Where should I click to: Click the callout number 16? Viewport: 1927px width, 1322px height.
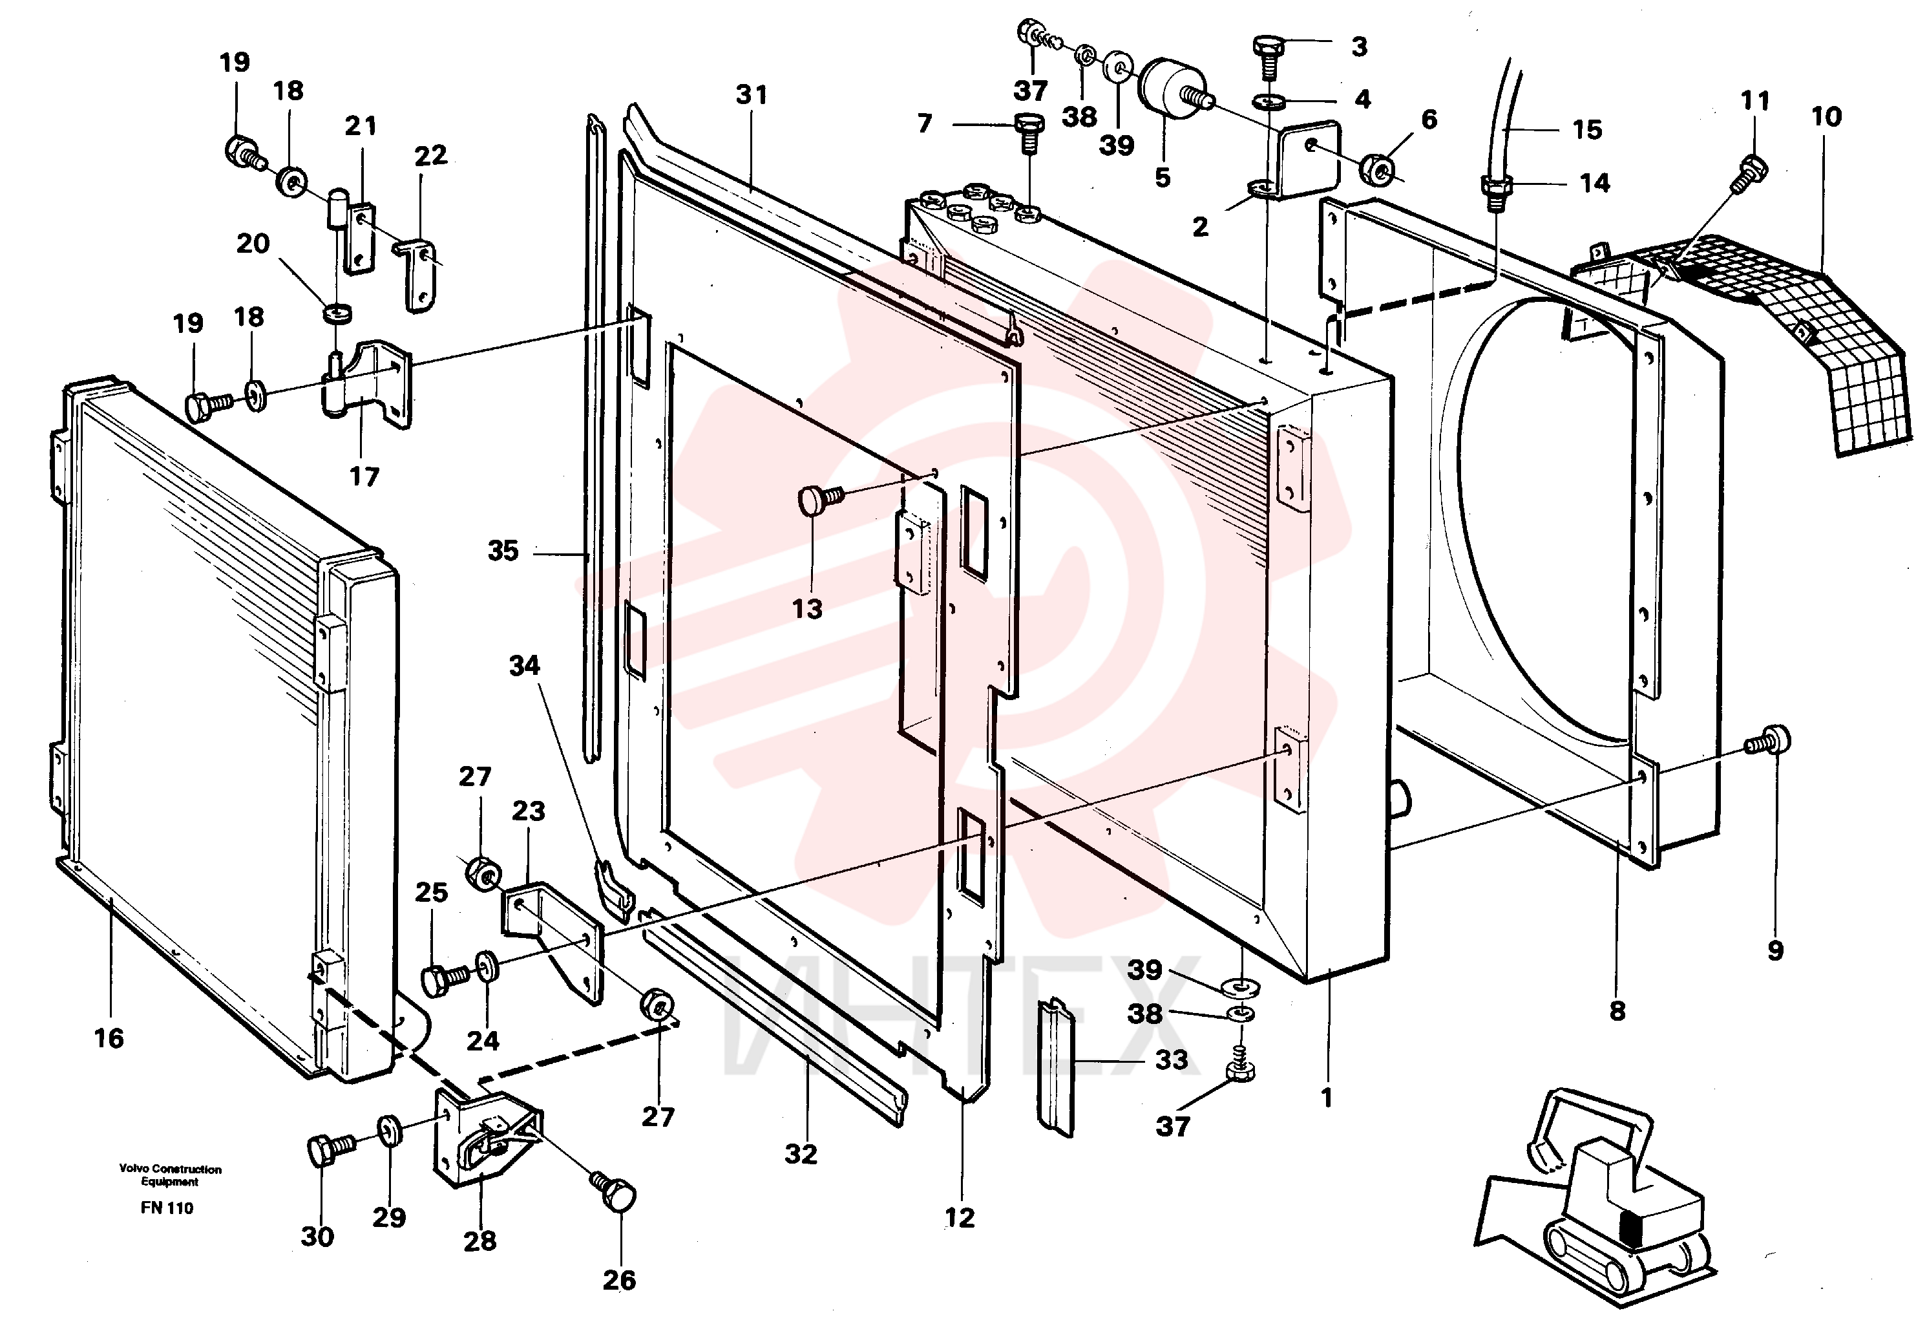click(109, 1038)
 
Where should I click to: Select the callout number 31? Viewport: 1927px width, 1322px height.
click(752, 94)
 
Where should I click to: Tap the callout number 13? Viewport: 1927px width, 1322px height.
click(806, 609)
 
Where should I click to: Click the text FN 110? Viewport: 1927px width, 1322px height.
click(167, 1208)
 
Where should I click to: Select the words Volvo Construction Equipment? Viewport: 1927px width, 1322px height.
click(170, 1175)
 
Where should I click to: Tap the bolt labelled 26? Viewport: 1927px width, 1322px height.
click(614, 1193)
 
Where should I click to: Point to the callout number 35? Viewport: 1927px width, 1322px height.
click(503, 551)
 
